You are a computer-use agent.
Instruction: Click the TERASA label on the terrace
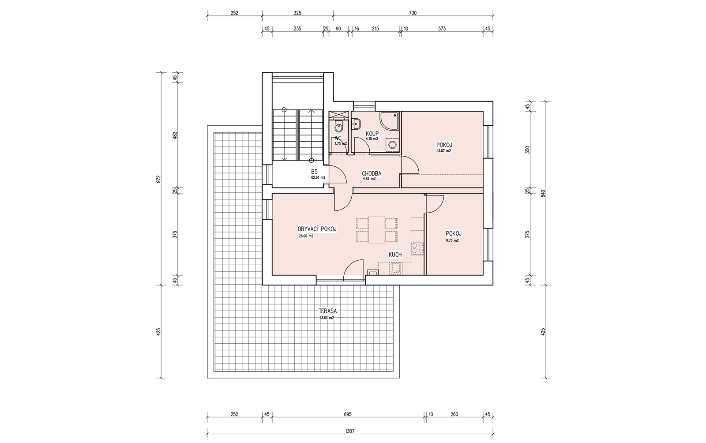pos(328,311)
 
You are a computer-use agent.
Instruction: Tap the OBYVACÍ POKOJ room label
pos(317,229)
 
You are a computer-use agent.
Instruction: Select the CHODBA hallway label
pos(372,173)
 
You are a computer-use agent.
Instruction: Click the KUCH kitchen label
pos(395,255)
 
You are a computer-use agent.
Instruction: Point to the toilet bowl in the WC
pos(339,127)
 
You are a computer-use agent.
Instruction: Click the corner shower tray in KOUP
pos(389,122)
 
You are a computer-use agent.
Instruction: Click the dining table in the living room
pos(377,230)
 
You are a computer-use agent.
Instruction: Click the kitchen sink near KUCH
pos(396,268)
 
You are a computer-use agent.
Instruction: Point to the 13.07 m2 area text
pos(444,151)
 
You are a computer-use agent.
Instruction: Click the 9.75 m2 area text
pos(452,240)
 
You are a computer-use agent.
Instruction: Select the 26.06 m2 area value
pos(306,236)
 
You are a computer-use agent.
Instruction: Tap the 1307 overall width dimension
pos(350,431)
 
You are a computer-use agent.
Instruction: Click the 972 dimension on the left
pos(158,179)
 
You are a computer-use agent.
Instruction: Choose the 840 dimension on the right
pos(543,193)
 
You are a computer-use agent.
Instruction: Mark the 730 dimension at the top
pos(413,13)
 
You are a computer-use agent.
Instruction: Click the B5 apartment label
pos(314,172)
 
